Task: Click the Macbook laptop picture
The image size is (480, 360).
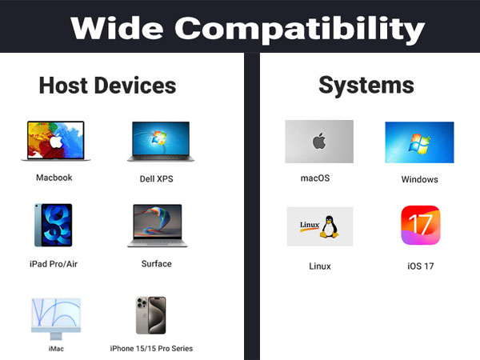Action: point(55,141)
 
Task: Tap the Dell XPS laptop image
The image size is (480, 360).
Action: point(158,142)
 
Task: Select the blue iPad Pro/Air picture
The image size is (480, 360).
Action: point(53,224)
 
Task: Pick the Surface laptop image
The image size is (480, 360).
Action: point(155,225)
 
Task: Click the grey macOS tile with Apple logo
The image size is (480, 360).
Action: point(319,142)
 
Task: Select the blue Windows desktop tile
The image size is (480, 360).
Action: point(419,142)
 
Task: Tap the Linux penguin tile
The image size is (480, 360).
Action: point(319,226)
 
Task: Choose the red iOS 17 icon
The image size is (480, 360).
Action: point(420,226)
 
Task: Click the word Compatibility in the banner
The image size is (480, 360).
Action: point(301,29)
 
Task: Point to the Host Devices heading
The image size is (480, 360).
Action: point(107,85)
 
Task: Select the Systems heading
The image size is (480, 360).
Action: point(366,85)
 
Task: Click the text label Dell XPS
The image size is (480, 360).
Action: point(155,179)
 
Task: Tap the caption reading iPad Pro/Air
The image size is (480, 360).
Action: point(54,263)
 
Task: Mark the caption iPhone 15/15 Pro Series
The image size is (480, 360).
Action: point(151,349)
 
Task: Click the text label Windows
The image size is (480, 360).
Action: point(420,180)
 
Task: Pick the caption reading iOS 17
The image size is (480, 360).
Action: point(420,266)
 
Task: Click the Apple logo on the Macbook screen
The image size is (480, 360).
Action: point(55,141)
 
